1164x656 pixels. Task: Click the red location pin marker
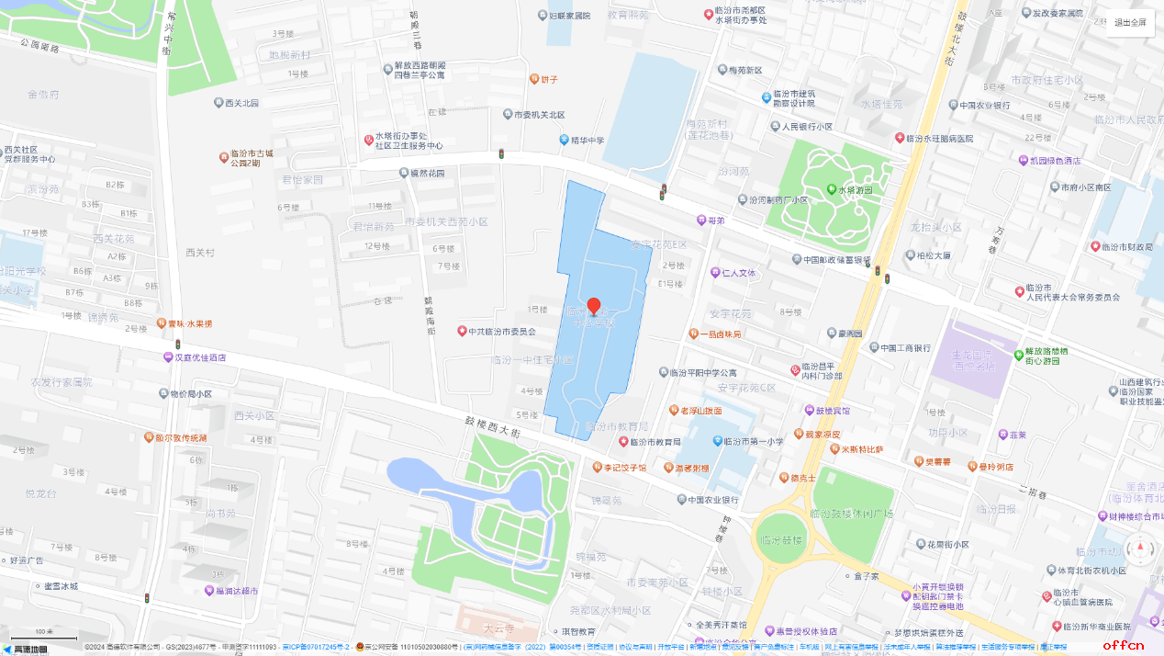click(x=594, y=307)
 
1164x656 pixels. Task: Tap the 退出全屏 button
click(x=1129, y=23)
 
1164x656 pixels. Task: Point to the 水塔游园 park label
click(x=855, y=190)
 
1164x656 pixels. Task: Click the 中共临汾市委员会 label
click(x=501, y=332)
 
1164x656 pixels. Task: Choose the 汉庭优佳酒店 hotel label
click(x=200, y=357)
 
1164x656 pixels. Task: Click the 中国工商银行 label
click(x=905, y=348)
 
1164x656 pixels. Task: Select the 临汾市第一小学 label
click(x=754, y=442)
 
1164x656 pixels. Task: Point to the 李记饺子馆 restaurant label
click(x=624, y=468)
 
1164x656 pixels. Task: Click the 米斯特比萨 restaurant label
click(x=862, y=449)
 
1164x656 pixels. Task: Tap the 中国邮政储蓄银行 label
click(x=836, y=260)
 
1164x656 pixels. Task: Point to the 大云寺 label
click(x=499, y=629)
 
